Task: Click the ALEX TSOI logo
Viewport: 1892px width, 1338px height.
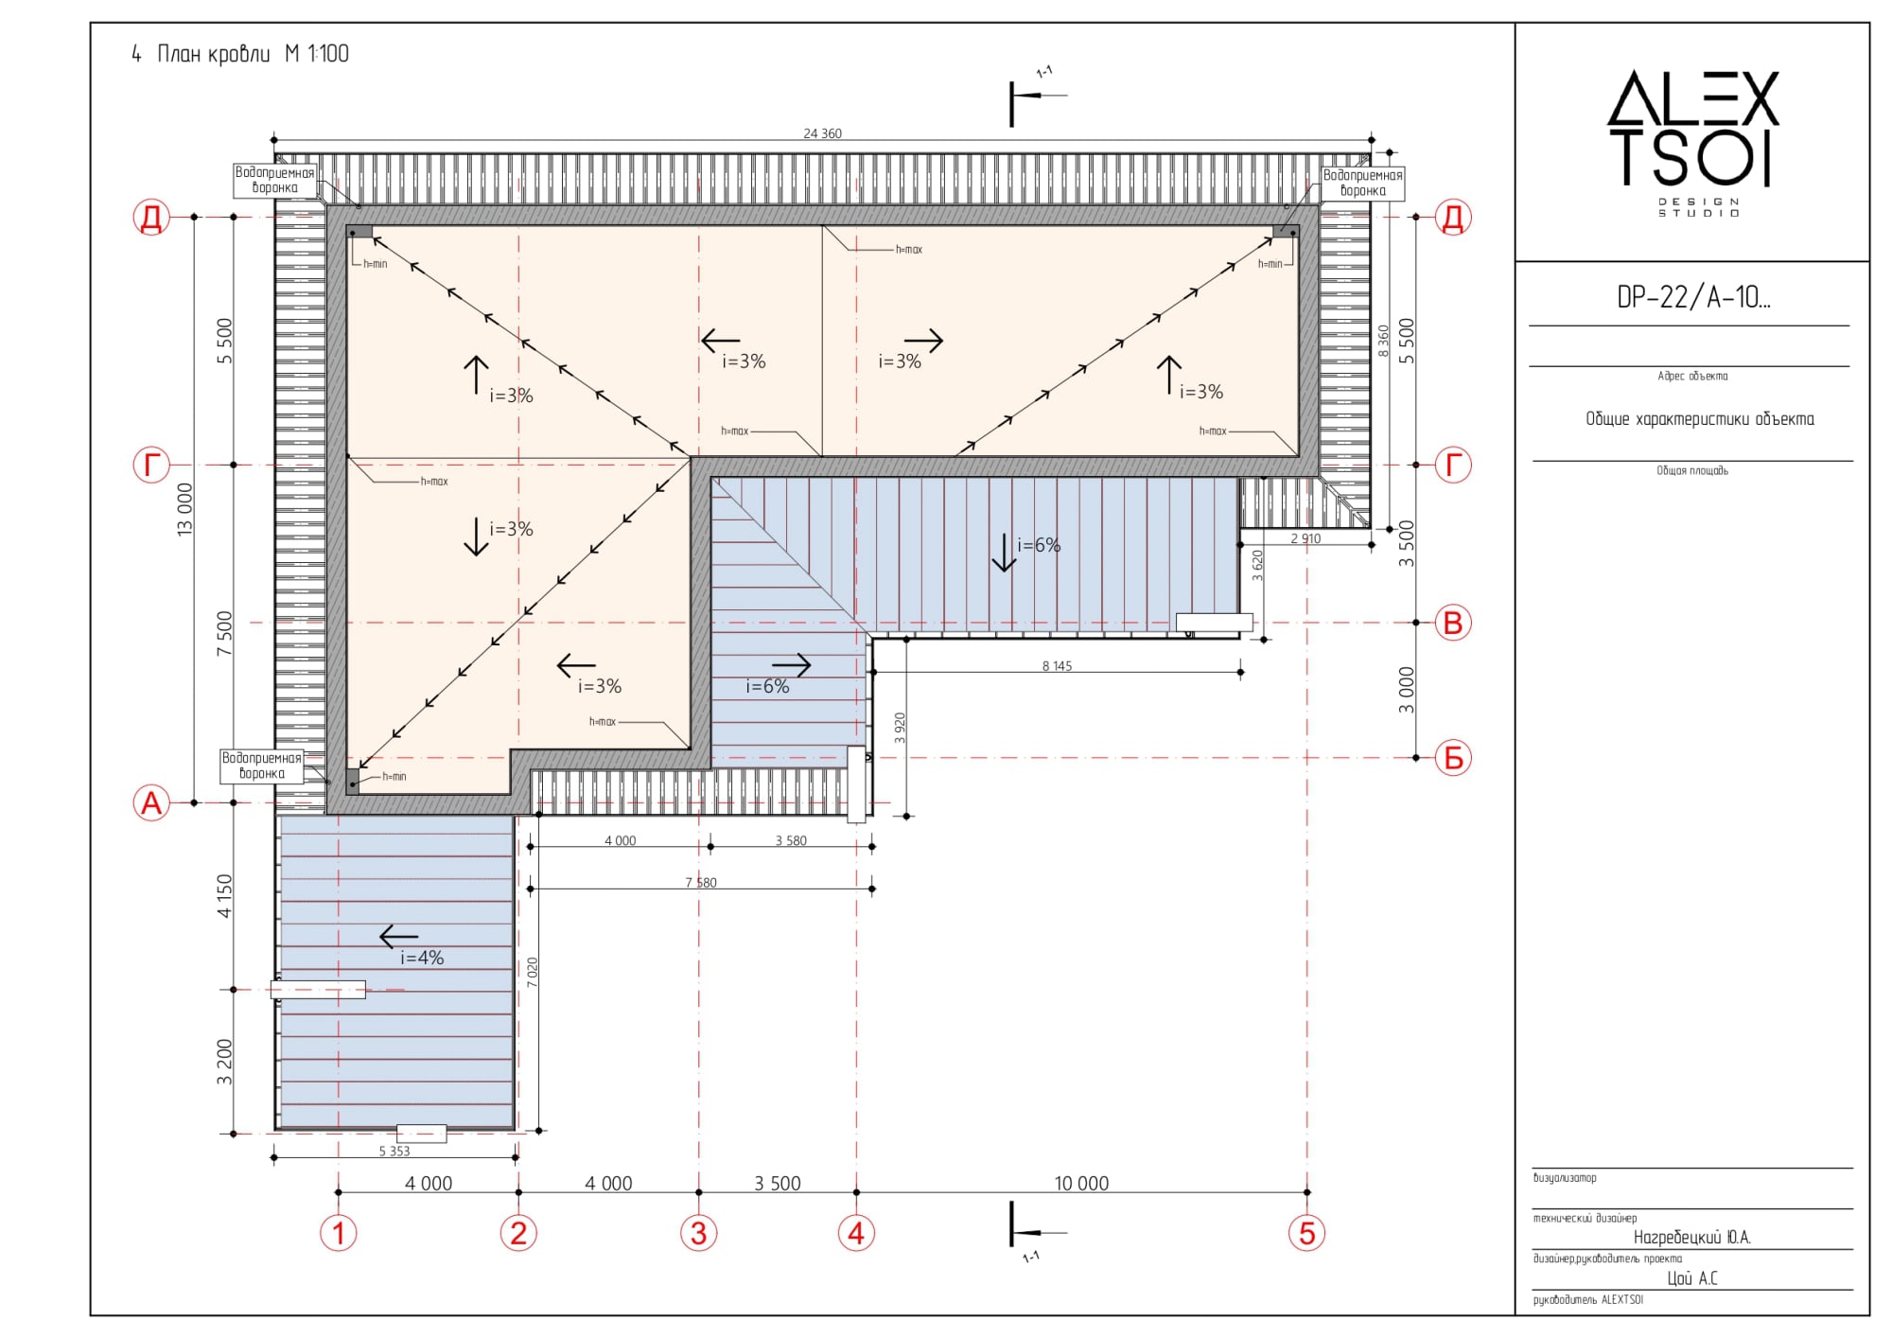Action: tap(1693, 142)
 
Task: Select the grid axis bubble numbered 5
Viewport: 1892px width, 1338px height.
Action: tap(1306, 1233)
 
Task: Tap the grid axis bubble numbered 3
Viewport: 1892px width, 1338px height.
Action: tap(698, 1233)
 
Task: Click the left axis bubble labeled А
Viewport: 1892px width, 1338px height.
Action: tap(151, 803)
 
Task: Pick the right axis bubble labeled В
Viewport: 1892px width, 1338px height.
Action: tap(1453, 623)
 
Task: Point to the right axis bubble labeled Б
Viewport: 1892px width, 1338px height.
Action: tap(1453, 758)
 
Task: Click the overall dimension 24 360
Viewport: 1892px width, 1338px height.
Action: tap(822, 133)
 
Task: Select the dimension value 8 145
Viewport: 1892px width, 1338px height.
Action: tap(1057, 666)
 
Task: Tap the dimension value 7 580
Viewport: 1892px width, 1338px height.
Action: tap(701, 883)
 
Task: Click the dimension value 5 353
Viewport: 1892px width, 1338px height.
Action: tap(394, 1152)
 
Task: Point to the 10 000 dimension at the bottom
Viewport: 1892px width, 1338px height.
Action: tap(1081, 1183)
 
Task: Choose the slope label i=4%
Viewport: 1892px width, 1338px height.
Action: tap(422, 958)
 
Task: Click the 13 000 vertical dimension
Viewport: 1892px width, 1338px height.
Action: tap(184, 509)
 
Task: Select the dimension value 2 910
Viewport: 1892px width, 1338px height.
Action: tap(1305, 538)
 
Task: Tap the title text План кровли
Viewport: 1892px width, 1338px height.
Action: tap(214, 54)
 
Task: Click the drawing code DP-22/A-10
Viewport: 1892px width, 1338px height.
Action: tap(1692, 297)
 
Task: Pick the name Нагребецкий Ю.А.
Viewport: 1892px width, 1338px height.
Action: tap(1691, 1238)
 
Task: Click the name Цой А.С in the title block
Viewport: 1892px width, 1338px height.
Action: tap(1692, 1278)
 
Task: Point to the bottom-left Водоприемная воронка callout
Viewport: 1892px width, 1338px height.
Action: tap(262, 766)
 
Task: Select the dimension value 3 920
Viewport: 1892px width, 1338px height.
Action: tap(901, 728)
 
